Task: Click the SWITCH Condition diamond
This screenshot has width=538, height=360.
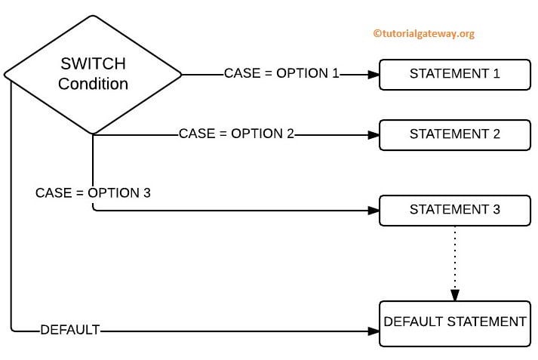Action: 92,74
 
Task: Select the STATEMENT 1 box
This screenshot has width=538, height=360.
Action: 454,74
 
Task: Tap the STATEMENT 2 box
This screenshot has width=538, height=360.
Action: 454,134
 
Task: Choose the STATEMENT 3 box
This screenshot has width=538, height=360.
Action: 454,210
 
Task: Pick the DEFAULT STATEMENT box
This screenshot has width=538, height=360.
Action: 454,323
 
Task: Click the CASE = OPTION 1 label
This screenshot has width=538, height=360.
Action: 281,74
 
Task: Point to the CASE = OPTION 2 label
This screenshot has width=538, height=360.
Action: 236,134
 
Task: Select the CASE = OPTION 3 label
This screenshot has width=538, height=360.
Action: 93,192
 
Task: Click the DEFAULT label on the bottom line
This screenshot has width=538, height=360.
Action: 70,330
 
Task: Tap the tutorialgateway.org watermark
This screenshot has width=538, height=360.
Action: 423,33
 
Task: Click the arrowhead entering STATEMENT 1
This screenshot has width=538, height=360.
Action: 373,74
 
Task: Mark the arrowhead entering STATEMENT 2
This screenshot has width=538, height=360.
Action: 373,134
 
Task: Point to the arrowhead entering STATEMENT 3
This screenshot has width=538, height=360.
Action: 373,211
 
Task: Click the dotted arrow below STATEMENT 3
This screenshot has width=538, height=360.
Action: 454,257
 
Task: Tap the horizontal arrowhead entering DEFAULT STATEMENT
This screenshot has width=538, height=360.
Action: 373,331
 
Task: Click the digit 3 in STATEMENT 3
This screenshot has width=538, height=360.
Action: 496,210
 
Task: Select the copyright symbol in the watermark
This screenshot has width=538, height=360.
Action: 377,33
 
